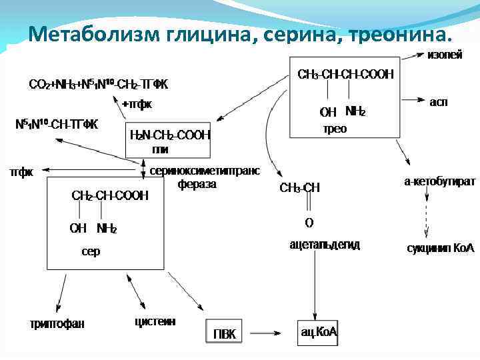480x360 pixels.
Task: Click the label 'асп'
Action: (x=438, y=102)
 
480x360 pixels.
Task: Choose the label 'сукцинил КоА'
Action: (x=440, y=248)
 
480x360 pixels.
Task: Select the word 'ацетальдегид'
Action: (x=325, y=245)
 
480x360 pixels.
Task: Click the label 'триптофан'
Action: (x=57, y=324)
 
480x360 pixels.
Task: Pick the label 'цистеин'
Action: (x=155, y=322)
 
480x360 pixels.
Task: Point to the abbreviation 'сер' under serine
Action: (x=91, y=252)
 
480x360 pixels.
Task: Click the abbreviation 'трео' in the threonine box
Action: (x=335, y=129)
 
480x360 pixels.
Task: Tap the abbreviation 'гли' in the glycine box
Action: (x=160, y=149)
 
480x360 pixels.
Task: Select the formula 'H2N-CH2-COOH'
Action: (x=170, y=135)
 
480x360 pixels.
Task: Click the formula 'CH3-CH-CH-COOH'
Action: (x=345, y=73)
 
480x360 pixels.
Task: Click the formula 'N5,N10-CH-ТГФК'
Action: (x=57, y=124)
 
